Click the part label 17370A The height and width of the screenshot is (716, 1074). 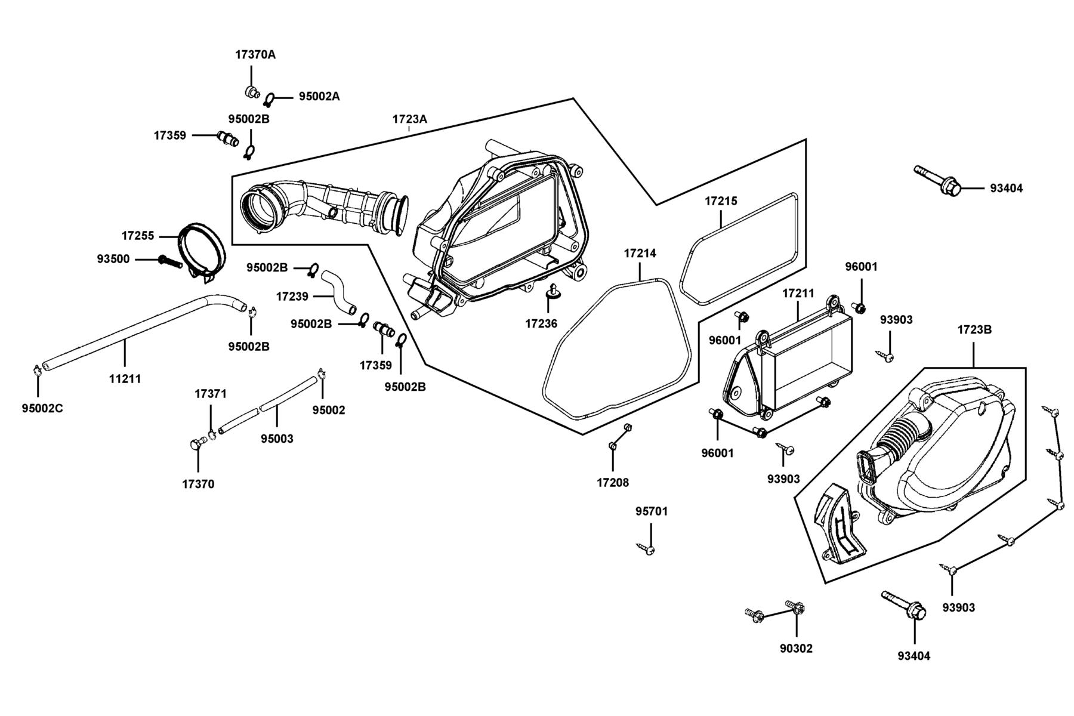click(255, 55)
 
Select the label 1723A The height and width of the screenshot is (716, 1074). click(409, 119)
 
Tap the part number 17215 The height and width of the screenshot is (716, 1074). click(721, 201)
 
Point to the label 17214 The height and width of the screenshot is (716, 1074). click(640, 253)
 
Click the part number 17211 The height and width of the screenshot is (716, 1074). click(798, 294)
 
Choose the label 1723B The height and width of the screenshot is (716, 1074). click(974, 329)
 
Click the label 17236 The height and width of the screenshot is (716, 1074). click(541, 324)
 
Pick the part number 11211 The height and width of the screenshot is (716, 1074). click(125, 379)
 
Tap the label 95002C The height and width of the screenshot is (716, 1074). click(42, 409)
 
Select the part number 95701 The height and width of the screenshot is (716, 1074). click(652, 511)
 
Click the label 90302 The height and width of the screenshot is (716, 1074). click(796, 649)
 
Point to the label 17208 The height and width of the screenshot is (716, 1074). click(613, 483)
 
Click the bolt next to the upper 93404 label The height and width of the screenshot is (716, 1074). click(937, 180)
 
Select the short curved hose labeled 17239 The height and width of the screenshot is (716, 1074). click(340, 292)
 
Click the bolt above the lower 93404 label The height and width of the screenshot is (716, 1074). click(904, 605)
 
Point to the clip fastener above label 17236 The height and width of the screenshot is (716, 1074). click(552, 292)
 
